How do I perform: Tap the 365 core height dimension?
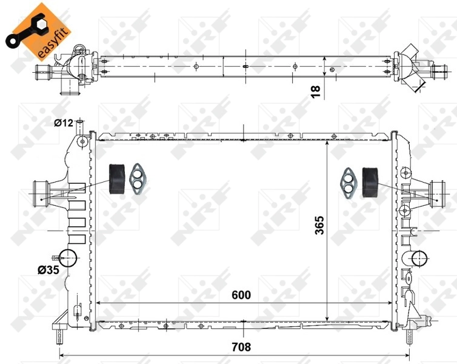[319, 226]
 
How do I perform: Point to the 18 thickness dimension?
[315, 91]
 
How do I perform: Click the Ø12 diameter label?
[62, 123]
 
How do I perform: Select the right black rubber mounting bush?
[369, 180]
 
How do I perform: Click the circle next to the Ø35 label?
[69, 258]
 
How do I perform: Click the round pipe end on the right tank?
[419, 259]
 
